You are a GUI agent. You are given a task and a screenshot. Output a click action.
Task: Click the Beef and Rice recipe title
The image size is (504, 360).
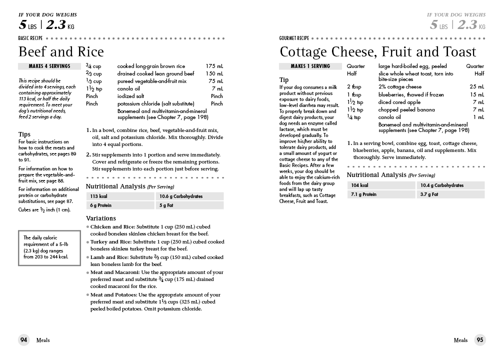(x=61, y=52)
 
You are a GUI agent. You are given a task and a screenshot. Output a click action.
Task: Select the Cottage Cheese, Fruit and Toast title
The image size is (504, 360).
(x=378, y=52)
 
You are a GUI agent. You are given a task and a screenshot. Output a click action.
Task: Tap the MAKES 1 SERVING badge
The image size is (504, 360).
(x=310, y=66)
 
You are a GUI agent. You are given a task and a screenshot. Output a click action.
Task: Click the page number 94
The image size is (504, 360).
(x=24, y=340)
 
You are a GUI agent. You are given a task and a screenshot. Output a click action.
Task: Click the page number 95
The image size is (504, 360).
(x=479, y=340)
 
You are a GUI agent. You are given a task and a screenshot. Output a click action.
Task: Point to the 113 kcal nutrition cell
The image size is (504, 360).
(x=120, y=196)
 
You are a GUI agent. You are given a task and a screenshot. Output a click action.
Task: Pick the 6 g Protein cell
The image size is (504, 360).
(x=120, y=205)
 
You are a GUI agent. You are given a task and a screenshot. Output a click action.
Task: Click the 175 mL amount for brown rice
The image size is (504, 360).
(x=214, y=66)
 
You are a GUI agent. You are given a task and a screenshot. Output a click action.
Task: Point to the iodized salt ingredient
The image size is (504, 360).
(x=131, y=96)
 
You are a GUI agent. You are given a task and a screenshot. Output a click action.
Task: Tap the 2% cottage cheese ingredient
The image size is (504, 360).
(x=400, y=87)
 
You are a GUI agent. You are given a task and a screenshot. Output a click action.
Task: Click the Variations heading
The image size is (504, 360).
(x=101, y=218)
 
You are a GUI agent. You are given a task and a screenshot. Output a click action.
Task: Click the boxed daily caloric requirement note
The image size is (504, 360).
(x=48, y=247)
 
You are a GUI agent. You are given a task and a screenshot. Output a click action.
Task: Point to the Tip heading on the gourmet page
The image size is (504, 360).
(x=284, y=80)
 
